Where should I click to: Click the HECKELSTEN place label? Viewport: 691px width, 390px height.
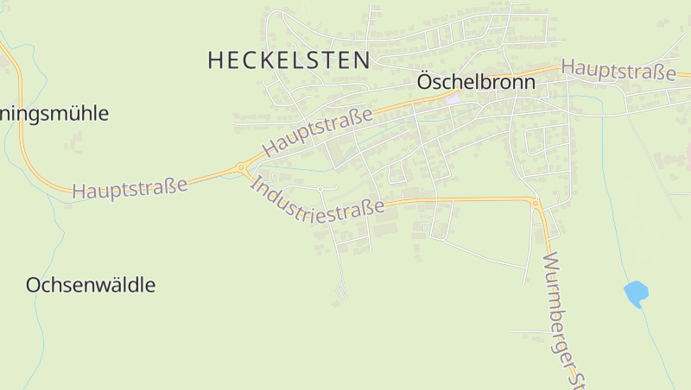(x=289, y=60)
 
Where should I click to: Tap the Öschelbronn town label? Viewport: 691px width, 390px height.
(x=476, y=83)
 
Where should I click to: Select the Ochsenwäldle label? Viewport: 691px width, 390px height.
(x=91, y=285)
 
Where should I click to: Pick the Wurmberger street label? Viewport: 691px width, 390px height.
(x=560, y=315)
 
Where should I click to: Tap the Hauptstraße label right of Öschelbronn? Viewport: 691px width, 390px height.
(x=618, y=70)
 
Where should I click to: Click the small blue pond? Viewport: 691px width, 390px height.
(x=637, y=293)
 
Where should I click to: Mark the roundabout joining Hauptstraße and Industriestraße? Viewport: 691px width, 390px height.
(x=241, y=169)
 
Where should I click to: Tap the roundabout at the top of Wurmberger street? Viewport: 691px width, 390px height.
(x=536, y=204)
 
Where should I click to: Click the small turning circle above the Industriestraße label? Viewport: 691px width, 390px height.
(x=320, y=188)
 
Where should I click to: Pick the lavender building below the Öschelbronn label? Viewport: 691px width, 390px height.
(x=453, y=97)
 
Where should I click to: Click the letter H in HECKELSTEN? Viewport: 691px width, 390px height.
(x=216, y=60)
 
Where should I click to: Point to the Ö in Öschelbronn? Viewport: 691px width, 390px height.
(x=424, y=82)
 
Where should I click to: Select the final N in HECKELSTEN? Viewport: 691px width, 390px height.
(x=363, y=60)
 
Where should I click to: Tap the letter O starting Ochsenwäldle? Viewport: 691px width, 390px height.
(x=34, y=285)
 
